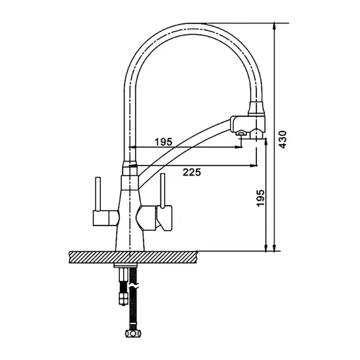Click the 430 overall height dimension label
[282, 140]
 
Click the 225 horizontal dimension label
[192, 172]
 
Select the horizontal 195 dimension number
[163, 142]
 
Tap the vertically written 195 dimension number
[261, 198]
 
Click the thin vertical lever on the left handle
[98, 194]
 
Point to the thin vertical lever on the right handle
[163, 191]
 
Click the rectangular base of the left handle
[106, 218]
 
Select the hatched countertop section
[133, 257]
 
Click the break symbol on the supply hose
[133, 287]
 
